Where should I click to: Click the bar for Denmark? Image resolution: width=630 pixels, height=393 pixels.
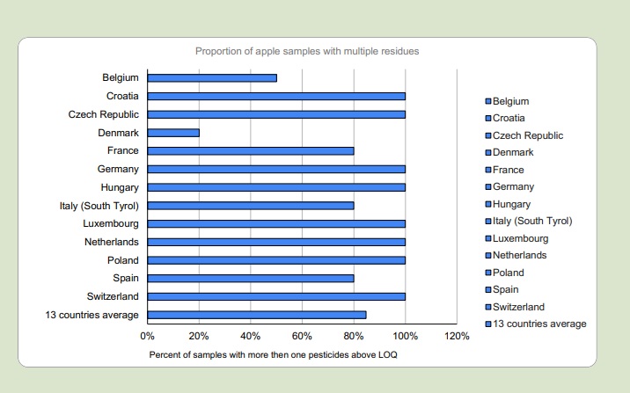(173, 133)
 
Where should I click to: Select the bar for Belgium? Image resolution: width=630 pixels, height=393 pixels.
(212, 77)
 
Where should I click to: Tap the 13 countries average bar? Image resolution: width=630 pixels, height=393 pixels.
(257, 315)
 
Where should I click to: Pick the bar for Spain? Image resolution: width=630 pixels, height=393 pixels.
(251, 279)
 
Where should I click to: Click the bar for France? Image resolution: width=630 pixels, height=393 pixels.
(251, 150)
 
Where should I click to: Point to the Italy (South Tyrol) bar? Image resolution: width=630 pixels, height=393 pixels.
(251, 206)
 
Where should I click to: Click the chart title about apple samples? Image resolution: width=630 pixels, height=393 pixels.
(305, 51)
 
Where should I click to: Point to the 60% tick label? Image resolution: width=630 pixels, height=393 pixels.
(302, 337)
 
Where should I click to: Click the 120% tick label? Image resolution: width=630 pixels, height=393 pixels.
(457, 337)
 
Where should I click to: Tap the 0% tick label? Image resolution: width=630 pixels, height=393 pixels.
(147, 337)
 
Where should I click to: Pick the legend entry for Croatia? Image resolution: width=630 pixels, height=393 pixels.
(509, 118)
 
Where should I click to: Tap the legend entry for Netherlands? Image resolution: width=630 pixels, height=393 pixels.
(519, 255)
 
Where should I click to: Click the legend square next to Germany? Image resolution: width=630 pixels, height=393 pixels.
(488, 187)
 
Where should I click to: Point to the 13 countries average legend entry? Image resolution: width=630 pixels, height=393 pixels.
(538, 324)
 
